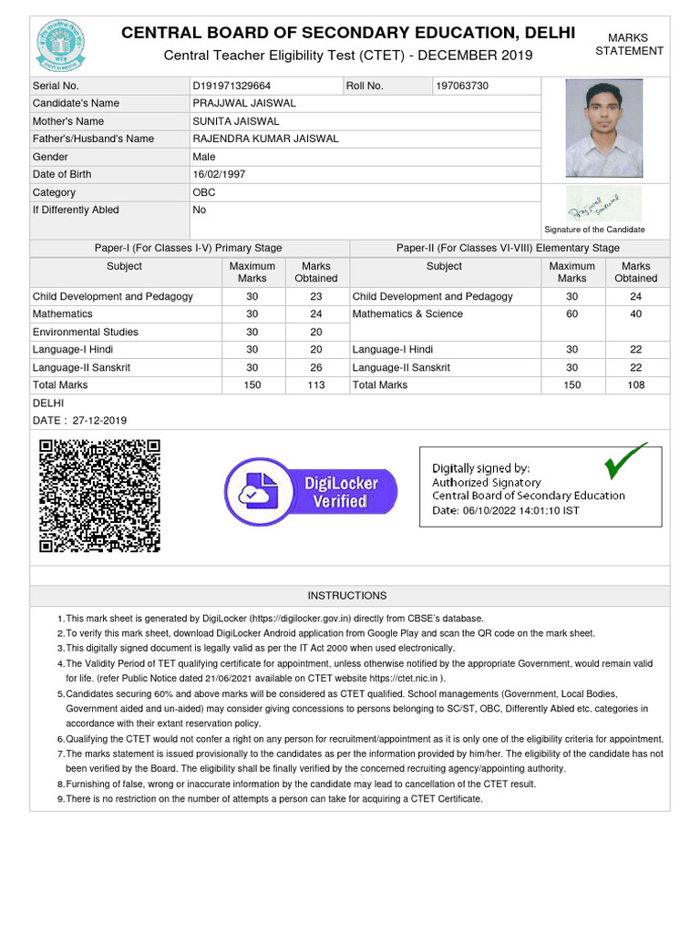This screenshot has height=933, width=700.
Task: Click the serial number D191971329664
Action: point(231,86)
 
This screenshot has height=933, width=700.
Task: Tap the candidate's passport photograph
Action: point(603,128)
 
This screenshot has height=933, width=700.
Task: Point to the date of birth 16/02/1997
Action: point(219,174)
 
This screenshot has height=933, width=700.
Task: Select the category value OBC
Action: point(204,192)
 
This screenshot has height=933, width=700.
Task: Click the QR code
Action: point(99,496)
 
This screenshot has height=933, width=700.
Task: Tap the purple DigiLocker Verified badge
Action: point(314,493)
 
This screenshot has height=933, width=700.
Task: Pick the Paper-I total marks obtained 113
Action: point(316,385)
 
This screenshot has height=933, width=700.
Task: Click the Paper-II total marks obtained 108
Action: point(635,385)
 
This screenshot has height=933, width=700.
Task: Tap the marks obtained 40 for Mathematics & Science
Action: point(635,314)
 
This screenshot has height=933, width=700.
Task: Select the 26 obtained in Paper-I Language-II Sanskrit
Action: point(316,367)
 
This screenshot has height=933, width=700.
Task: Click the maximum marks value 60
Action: point(571,314)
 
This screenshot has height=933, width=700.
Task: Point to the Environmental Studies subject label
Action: point(86,332)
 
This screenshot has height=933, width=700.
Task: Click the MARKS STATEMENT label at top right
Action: point(629,45)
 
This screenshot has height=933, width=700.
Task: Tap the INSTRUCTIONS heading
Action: point(346,595)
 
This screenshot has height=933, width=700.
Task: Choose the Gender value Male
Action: point(204,157)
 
